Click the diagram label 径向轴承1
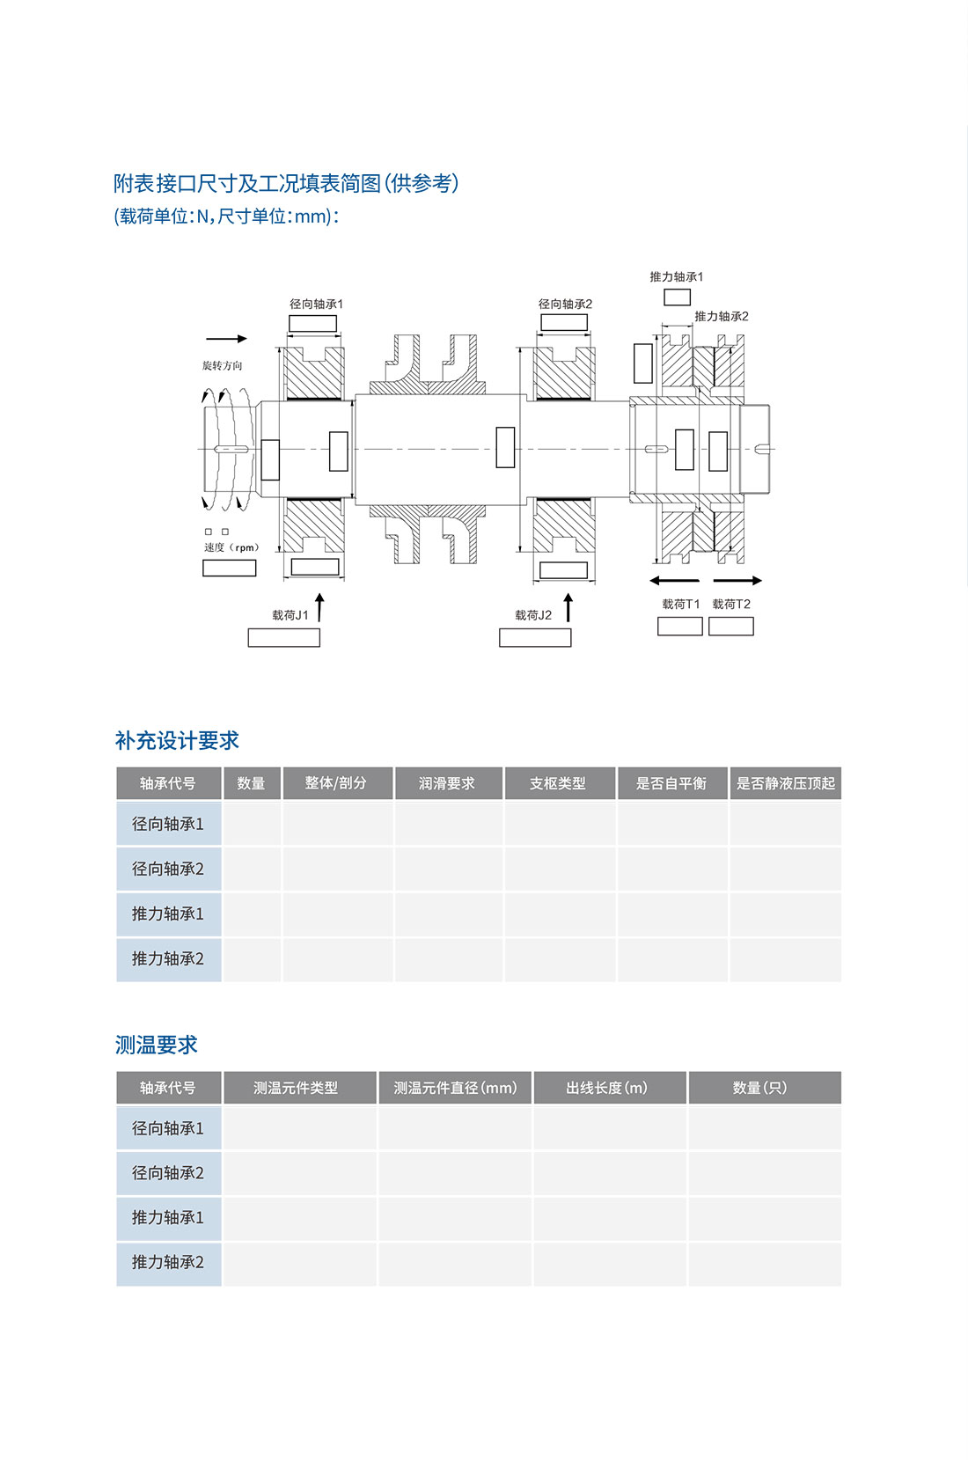pos(316,304)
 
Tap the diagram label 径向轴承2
pos(565,304)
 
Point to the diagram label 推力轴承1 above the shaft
pos(677,277)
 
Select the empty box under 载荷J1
pos(284,637)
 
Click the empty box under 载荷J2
pos(535,637)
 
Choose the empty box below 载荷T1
pos(680,627)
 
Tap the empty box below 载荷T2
pos(731,627)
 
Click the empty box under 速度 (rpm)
pos(230,569)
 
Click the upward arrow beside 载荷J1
pos(319,607)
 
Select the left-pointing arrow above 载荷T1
pos(675,580)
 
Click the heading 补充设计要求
pos(177,740)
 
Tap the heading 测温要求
pos(157,1045)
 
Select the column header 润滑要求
pos(447,783)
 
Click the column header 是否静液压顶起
pos(786,783)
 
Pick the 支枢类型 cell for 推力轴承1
pos(560,913)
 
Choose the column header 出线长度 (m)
pos(610,1088)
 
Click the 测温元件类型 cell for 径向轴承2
pos(300,1173)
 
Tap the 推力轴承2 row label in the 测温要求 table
pos(169,1263)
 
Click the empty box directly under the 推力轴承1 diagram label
pos(678,297)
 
